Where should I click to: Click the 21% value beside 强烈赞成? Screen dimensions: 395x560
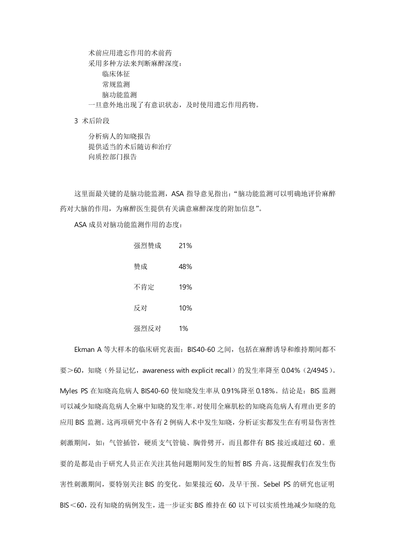click(185, 246)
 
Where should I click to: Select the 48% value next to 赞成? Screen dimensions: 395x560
click(185, 267)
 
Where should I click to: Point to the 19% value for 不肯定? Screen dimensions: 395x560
click(185, 287)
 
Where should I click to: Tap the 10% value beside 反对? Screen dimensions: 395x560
click(185, 308)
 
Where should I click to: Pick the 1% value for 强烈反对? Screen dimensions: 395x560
click(183, 328)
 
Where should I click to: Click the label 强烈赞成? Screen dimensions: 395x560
click(147, 246)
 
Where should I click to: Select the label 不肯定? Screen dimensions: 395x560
click(144, 287)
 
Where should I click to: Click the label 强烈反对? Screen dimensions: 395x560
click(147, 328)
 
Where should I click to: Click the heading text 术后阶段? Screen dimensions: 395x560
click(95, 121)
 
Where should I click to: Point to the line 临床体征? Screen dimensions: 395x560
click(116, 73)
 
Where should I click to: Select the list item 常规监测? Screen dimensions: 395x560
click(116, 84)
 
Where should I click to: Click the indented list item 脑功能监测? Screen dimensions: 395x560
click(120, 94)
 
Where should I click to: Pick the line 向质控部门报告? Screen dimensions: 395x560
click(113, 157)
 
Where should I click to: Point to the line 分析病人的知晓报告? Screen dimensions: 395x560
click(120, 136)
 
